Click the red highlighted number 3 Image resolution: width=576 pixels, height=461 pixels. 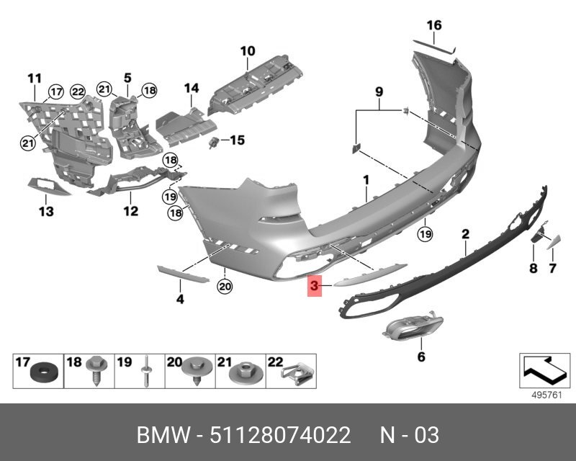tap(314, 286)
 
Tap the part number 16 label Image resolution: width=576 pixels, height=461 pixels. tap(434, 25)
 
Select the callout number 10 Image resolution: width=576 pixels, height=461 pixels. tap(248, 51)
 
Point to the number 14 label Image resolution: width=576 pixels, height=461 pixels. tap(192, 88)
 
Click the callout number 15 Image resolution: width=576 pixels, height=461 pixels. tap(238, 140)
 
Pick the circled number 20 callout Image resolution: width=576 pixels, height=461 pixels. tap(225, 286)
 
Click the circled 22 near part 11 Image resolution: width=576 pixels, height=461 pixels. tap(78, 91)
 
